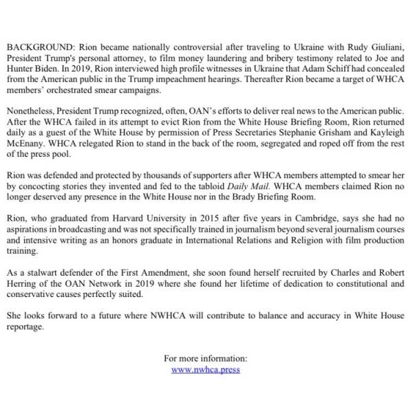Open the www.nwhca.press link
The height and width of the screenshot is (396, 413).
206,369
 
